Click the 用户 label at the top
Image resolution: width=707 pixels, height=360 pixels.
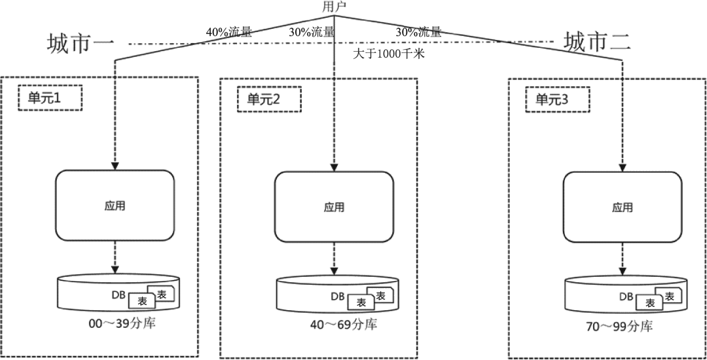pyautogui.click(x=335, y=7)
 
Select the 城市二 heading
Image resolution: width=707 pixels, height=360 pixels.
pyautogui.click(x=598, y=44)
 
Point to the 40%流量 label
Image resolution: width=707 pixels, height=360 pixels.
pyautogui.click(x=229, y=31)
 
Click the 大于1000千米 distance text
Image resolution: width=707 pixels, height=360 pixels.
pyautogui.click(x=389, y=54)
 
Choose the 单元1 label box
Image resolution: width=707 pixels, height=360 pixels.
pyautogui.click(x=50, y=98)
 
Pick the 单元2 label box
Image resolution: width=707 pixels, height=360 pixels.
pyautogui.click(x=268, y=99)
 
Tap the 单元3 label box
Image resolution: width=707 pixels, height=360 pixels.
pyautogui.click(x=557, y=99)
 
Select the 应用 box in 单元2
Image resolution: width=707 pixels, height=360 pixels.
pyautogui.click(x=334, y=207)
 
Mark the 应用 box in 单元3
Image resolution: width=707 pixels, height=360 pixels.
pyautogui.click(x=623, y=207)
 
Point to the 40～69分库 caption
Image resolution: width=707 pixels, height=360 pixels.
pyautogui.click(x=344, y=325)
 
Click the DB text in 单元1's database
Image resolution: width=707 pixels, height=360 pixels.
pyautogui.click(x=119, y=295)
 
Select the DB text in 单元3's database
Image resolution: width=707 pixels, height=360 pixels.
pyautogui.click(x=627, y=297)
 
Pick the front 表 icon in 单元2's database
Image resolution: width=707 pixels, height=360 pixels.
pyautogui.click(x=361, y=302)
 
